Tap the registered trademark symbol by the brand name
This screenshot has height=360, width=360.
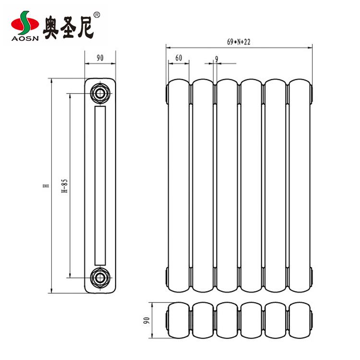[97, 15]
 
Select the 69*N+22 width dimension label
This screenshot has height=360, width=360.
[239, 42]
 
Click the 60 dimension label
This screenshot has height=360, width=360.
[178, 58]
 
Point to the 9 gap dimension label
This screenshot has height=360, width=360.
[217, 59]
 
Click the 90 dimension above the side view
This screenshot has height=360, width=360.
[100, 58]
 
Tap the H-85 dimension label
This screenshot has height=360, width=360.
[64, 185]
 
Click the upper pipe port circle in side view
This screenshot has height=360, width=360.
[100, 93]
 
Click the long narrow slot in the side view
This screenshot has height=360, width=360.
[100, 185]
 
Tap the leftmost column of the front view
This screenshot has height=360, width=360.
[179, 185]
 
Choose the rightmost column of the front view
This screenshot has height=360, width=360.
[300, 185]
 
